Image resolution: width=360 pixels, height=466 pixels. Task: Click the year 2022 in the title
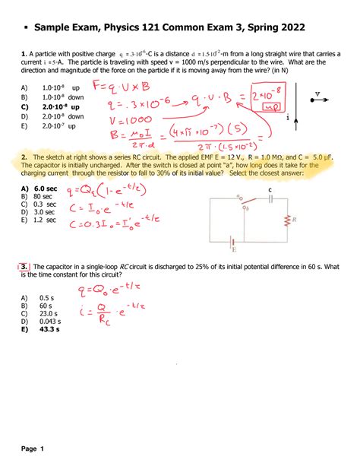click(290, 27)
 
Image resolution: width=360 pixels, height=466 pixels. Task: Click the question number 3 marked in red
click(25, 267)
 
